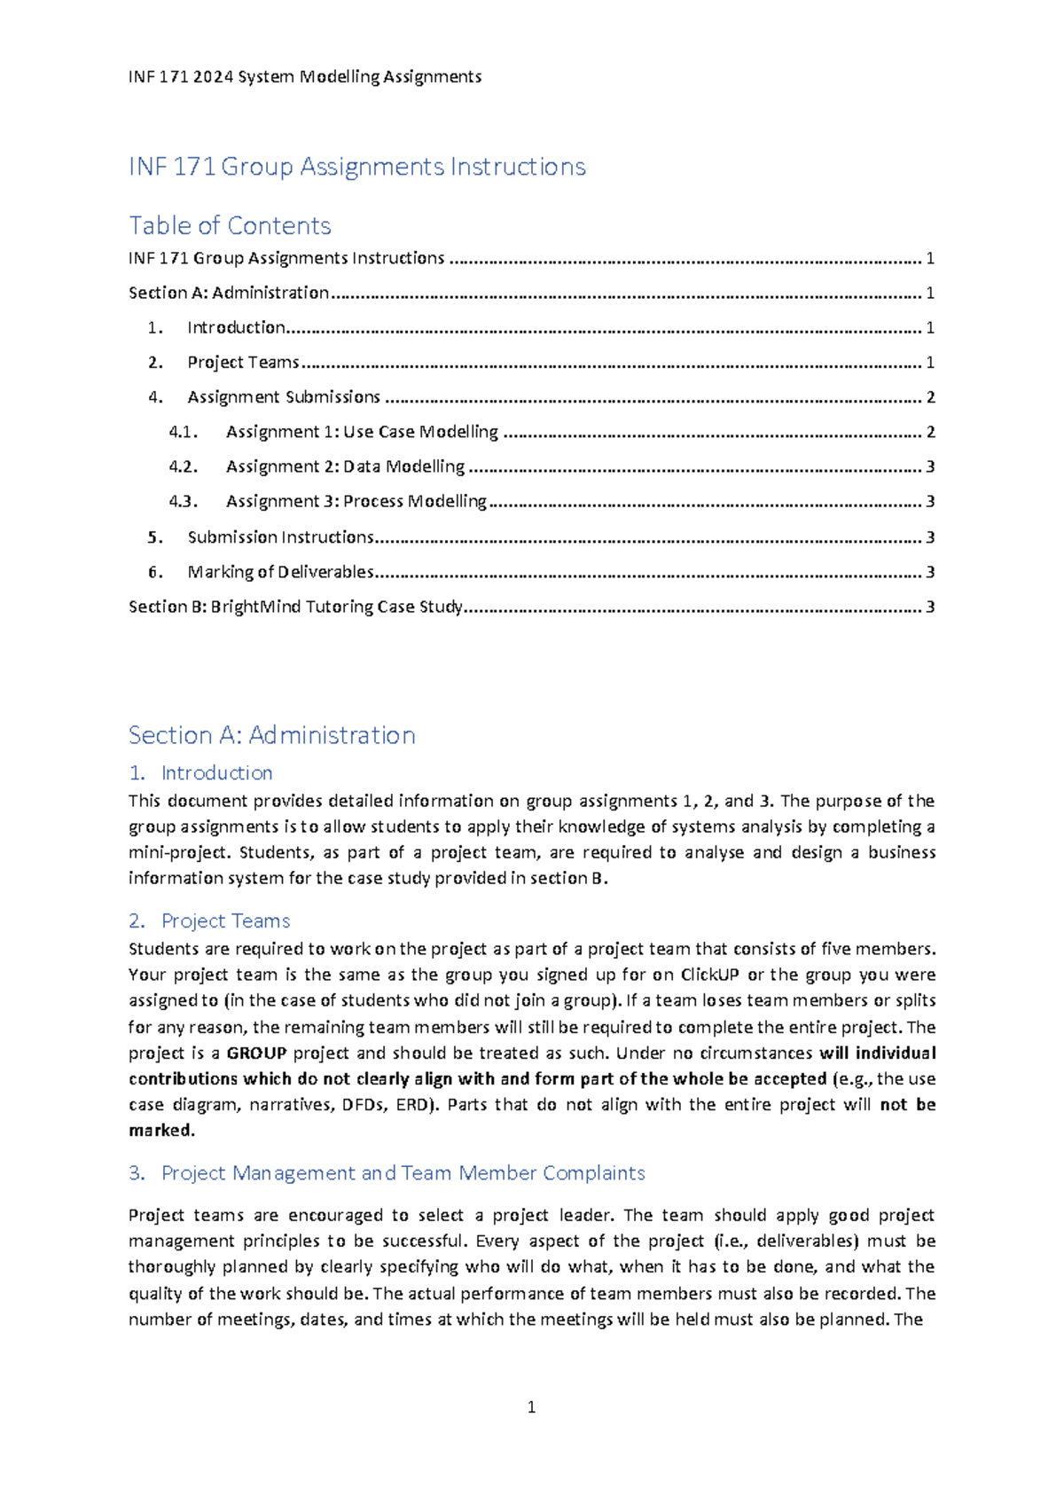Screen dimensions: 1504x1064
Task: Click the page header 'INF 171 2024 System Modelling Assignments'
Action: point(305,77)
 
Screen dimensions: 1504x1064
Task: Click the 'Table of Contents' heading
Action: point(230,225)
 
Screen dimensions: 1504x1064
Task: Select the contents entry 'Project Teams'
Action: point(243,363)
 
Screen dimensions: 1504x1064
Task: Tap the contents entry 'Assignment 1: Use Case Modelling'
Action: point(362,432)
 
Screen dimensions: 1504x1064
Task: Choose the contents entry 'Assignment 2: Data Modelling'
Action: point(345,466)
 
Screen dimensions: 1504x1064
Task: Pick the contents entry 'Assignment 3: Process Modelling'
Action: point(356,501)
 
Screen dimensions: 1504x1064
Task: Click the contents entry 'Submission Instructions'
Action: point(280,537)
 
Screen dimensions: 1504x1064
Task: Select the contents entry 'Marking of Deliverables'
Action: point(280,572)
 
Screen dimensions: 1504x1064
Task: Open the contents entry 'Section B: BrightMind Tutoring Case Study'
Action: point(295,607)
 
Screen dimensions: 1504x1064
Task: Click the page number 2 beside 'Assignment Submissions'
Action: point(930,397)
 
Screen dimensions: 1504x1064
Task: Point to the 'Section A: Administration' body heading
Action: point(271,735)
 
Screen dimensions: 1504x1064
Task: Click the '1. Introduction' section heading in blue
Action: point(200,773)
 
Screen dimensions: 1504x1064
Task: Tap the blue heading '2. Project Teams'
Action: point(209,921)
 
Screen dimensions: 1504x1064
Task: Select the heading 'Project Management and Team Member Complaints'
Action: point(403,1173)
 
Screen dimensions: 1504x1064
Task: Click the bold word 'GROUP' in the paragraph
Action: point(256,1054)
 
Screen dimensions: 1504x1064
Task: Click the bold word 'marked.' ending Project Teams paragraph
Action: point(161,1131)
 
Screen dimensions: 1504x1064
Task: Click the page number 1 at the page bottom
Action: point(531,1407)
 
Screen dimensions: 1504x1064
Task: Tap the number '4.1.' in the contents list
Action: point(183,432)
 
